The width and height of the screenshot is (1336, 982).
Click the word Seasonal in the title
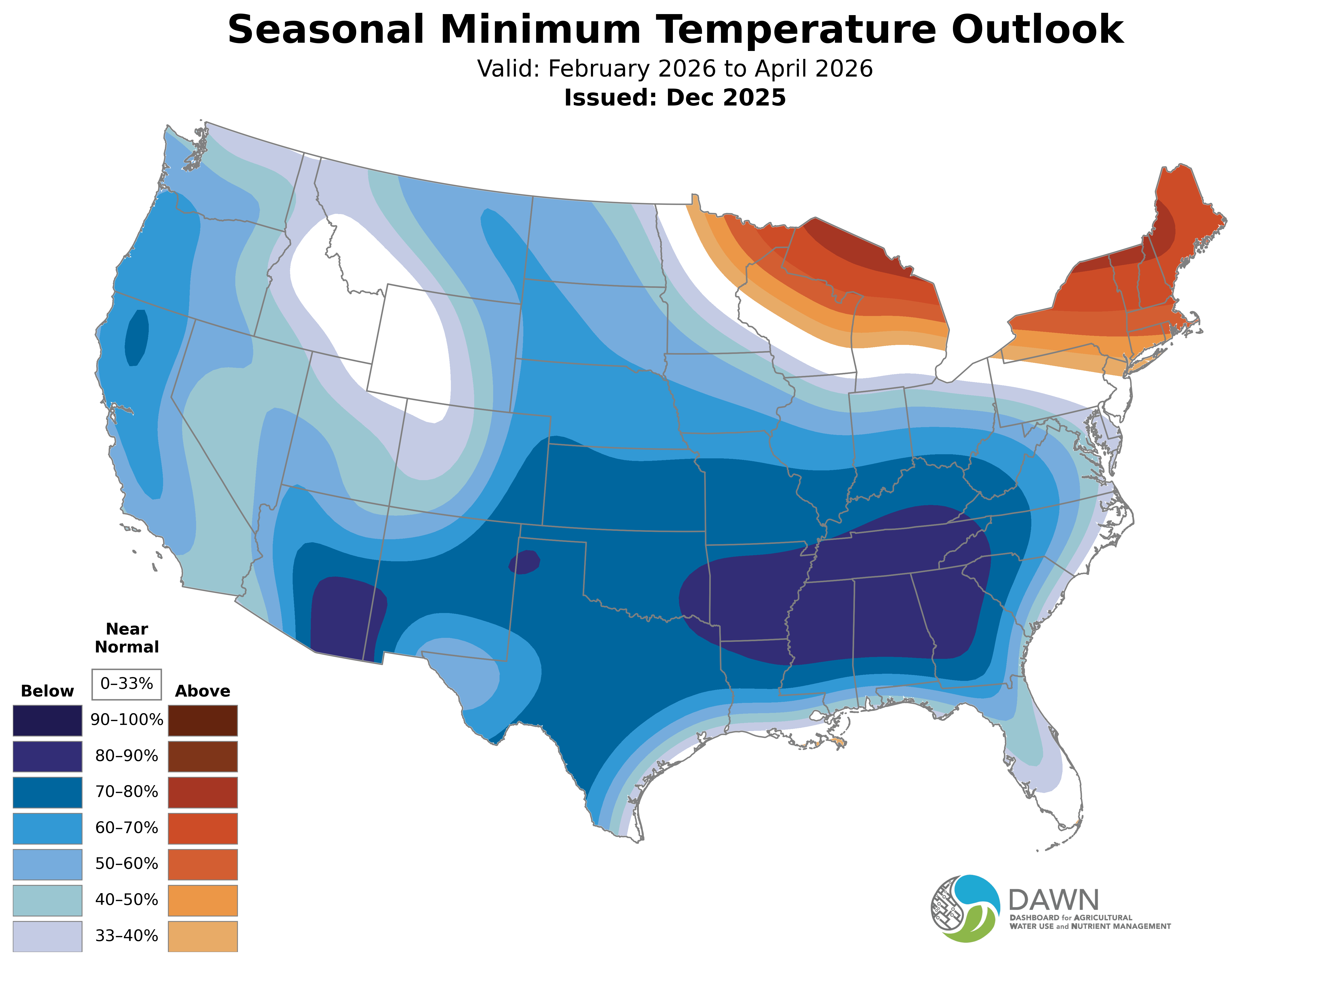click(326, 30)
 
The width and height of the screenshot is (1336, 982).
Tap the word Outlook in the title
click(1037, 30)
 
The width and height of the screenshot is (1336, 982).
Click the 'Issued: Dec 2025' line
click(675, 98)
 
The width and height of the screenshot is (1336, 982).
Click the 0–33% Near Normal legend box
click(126, 684)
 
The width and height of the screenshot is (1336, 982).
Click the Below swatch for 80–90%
click(48, 756)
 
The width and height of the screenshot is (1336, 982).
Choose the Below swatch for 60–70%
click(48, 828)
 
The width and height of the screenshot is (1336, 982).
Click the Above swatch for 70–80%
click(203, 792)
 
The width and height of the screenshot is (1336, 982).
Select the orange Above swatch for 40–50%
click(203, 900)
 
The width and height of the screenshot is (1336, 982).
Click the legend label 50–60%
click(126, 864)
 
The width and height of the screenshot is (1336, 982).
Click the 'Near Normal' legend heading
click(126, 638)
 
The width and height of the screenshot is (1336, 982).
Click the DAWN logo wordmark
click(1054, 901)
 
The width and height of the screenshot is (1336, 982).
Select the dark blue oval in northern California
click(137, 338)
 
